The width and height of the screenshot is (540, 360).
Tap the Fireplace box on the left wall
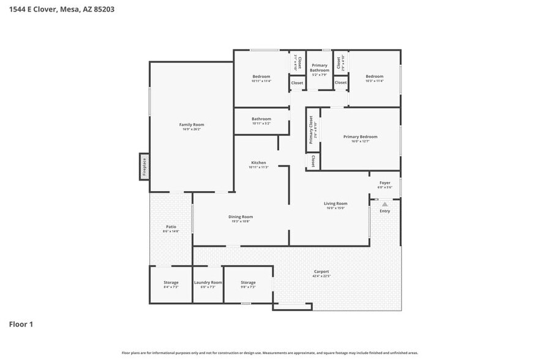144,167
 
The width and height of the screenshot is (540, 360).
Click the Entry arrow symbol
384,204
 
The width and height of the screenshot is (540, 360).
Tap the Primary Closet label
311,130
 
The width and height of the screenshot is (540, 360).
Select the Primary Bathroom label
320,68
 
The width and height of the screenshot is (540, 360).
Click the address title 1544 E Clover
61,10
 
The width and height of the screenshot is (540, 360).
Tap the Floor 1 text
21,324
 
